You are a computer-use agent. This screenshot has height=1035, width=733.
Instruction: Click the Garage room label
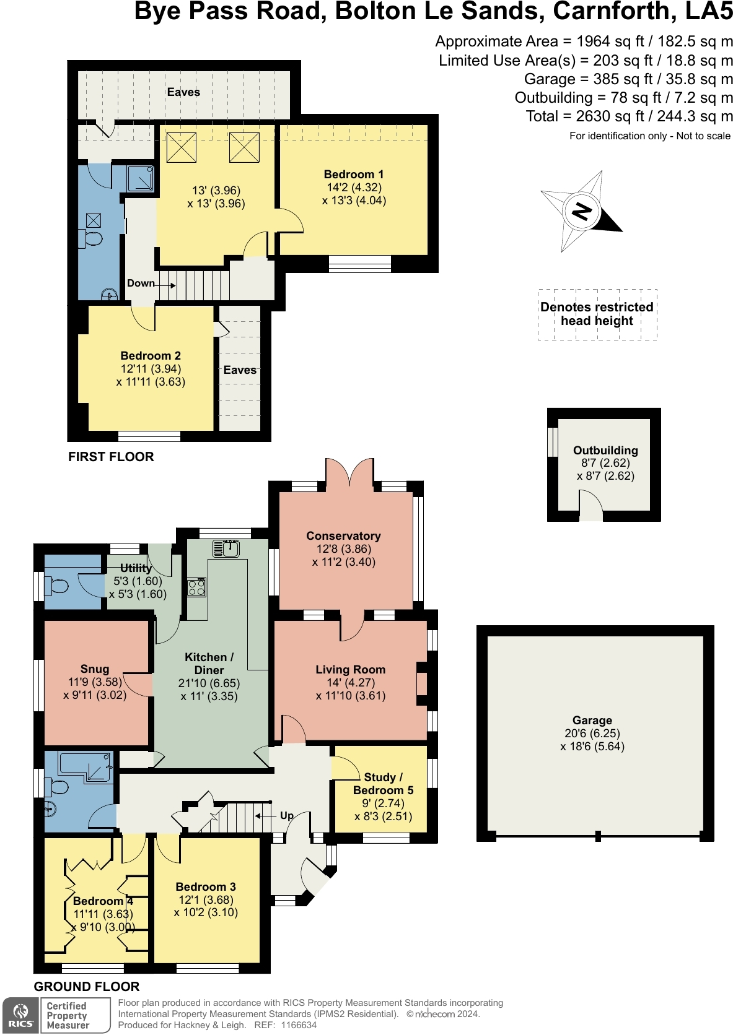(592, 720)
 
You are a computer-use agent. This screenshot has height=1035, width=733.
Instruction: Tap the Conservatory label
(344, 535)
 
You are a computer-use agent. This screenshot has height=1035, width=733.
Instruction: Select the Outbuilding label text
(605, 450)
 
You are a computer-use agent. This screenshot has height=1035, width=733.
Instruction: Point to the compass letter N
(582, 212)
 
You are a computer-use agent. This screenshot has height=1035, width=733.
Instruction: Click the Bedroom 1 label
(354, 174)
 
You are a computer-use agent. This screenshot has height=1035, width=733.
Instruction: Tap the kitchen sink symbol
(226, 548)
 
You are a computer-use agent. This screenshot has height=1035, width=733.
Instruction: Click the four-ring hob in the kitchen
(196, 587)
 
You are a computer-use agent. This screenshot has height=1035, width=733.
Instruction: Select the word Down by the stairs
(141, 284)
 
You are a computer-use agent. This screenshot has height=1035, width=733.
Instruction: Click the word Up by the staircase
(287, 816)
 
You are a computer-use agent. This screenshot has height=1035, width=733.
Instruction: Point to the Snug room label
(95, 669)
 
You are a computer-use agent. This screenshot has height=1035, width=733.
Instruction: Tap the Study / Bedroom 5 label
(384, 784)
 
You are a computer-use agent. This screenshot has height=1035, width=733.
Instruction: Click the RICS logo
(21, 1016)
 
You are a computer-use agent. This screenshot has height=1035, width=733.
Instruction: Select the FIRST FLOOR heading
(111, 456)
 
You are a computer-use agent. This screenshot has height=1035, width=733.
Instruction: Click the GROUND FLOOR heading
(87, 987)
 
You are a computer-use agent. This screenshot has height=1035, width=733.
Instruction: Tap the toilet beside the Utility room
(56, 586)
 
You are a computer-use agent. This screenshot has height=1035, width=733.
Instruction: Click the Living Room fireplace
(422, 684)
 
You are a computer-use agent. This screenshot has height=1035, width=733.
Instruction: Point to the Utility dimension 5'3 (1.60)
(138, 581)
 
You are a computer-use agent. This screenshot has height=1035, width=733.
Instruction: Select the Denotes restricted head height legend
(597, 314)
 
